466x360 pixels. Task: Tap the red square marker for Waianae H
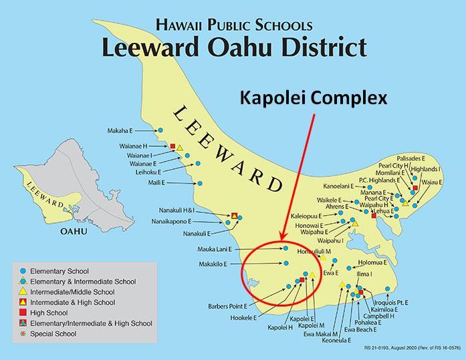coord(172,146)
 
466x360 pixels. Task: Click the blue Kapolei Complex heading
coord(313,99)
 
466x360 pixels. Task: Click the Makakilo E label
coord(212,264)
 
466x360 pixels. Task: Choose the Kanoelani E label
coord(342,186)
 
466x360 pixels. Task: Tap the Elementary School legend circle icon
coord(24,271)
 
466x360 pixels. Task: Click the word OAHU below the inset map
coord(74,231)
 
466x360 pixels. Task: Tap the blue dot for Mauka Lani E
coord(285,248)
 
